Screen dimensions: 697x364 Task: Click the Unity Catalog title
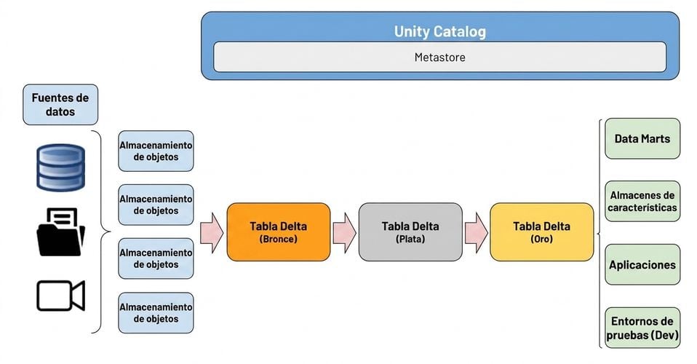(439, 31)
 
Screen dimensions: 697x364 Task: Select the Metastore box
(439, 57)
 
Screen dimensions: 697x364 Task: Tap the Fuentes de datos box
(60, 105)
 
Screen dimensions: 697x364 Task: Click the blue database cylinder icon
(60, 167)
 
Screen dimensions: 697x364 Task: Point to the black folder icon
(60, 232)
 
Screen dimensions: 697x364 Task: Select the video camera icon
(60, 296)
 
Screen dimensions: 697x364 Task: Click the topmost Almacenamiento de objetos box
(156, 151)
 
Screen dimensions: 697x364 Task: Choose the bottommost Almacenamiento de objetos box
(156, 313)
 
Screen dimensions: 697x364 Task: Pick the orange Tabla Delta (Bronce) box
(278, 232)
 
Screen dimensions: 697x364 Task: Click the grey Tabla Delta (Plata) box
(410, 232)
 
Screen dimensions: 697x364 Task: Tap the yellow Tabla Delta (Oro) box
(542, 232)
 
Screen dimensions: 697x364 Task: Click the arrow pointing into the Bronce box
(212, 233)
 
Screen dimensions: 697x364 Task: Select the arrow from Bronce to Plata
(345, 233)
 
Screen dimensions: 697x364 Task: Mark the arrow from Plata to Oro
(476, 233)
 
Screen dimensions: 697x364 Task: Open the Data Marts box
(642, 138)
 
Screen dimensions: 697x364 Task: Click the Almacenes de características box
(642, 201)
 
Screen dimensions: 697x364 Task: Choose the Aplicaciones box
(642, 265)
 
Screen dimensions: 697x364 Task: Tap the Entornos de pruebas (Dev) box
(642, 328)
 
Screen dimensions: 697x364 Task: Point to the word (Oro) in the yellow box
(542, 239)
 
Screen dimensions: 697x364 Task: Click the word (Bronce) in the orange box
(278, 239)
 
